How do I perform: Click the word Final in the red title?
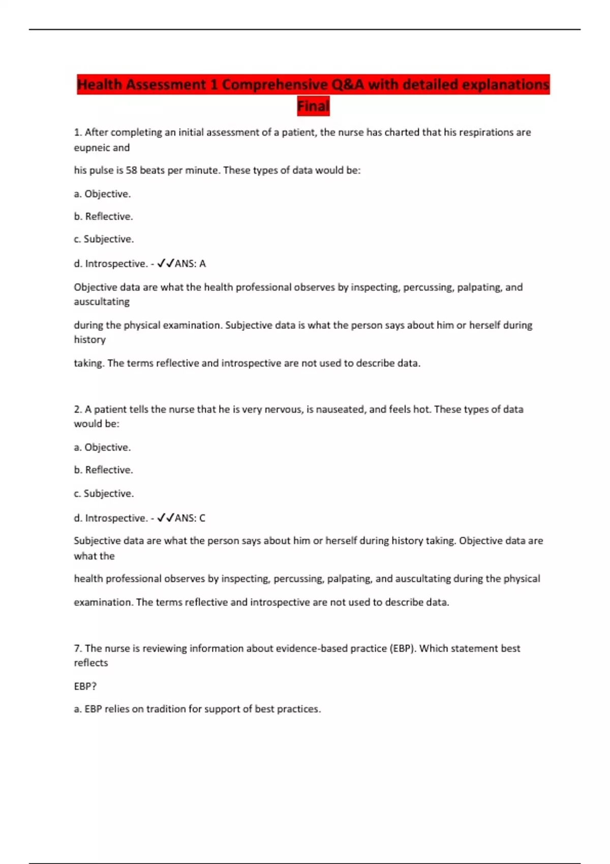[x=313, y=106]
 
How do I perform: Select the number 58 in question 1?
[x=132, y=170]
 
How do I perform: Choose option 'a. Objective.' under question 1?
[x=102, y=194]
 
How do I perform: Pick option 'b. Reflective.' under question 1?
[x=103, y=217]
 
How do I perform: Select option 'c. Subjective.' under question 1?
[x=104, y=239]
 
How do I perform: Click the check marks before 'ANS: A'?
[x=165, y=263]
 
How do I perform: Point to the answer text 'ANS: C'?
[x=190, y=518]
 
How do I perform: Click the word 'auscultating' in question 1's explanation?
[x=102, y=302]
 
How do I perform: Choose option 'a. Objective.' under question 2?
[x=102, y=447]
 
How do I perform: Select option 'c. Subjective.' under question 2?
[x=104, y=493]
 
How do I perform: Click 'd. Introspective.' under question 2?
[x=110, y=518]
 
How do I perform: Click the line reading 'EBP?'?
[x=85, y=686]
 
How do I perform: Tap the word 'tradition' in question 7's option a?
[x=166, y=709]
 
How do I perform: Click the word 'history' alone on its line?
[x=89, y=340]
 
